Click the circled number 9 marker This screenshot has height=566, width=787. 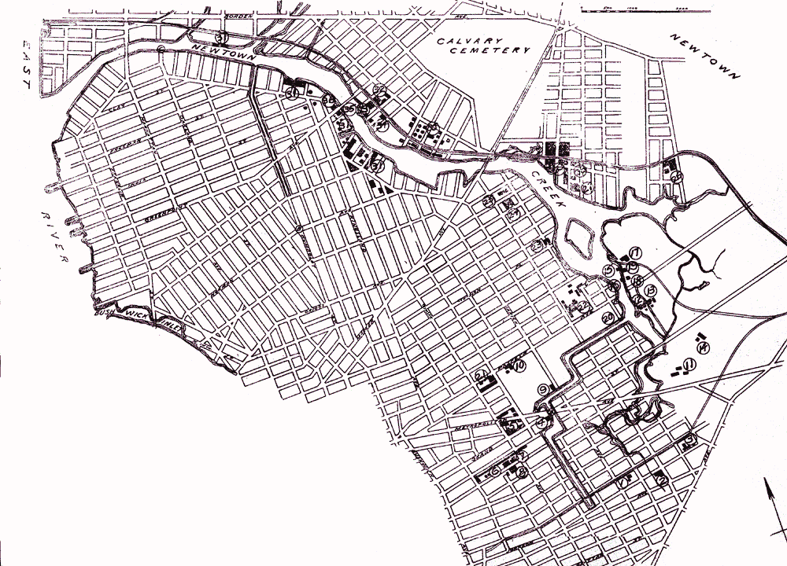pos(542,389)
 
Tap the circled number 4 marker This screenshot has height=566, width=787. pos(541,422)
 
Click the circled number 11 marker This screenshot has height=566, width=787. pos(688,364)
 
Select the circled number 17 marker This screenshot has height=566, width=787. pos(634,252)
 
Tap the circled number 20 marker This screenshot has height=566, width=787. pos(608,317)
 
